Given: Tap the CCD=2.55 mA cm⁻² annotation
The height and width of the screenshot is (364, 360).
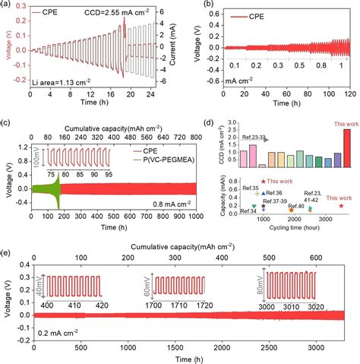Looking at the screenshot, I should click(x=92, y=13).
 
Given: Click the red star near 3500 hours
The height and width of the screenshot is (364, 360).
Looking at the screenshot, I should click(x=342, y=205).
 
